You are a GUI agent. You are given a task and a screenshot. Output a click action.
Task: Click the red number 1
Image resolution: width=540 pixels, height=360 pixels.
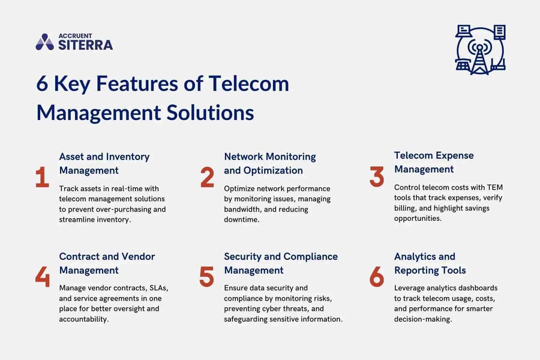(x=42, y=177)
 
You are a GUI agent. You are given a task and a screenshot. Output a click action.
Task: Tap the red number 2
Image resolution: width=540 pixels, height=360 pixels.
(x=208, y=177)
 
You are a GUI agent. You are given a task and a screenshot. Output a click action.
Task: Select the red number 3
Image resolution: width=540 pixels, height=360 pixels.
(x=377, y=177)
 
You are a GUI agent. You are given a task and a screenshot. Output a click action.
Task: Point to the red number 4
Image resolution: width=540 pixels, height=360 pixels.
(x=42, y=277)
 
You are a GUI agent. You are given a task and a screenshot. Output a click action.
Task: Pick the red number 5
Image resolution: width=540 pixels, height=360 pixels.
(x=207, y=277)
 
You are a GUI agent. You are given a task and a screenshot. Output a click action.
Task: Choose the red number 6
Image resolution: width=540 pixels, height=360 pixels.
(x=377, y=277)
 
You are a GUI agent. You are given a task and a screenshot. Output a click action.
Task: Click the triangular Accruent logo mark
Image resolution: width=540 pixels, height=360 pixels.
(x=44, y=41)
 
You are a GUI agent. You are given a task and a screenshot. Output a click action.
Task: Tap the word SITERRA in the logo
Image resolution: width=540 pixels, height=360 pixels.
(x=85, y=45)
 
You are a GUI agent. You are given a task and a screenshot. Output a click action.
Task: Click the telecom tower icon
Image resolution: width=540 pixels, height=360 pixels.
(x=480, y=50)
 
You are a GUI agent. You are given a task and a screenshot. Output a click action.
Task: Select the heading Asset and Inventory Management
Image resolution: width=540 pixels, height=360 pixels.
(x=104, y=163)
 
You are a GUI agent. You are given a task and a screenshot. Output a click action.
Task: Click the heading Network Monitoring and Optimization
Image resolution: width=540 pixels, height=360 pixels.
(x=269, y=163)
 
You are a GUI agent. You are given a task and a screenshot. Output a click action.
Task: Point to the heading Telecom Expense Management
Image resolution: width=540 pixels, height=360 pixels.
(x=434, y=162)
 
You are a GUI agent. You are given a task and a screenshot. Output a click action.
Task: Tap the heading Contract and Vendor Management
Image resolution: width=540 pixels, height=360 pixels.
(x=106, y=263)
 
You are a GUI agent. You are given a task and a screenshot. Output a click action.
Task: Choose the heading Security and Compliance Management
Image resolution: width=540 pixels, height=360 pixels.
(x=280, y=263)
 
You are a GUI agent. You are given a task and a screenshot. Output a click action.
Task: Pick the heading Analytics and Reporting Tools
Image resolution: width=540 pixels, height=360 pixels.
(x=430, y=263)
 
